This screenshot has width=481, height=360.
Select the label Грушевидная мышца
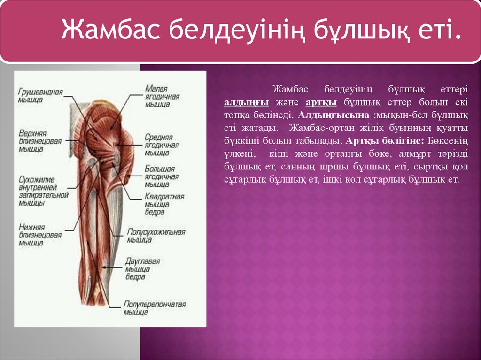(x=41, y=95)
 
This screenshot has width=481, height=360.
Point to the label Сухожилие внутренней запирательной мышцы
(x=44, y=191)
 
